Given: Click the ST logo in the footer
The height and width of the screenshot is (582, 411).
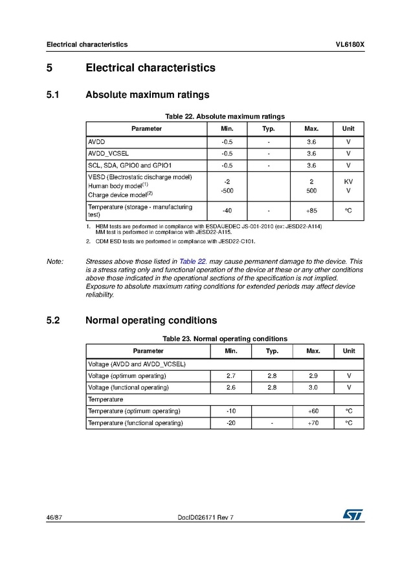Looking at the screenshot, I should point(353,514).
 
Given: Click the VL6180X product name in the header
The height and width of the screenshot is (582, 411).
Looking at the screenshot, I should point(350,45).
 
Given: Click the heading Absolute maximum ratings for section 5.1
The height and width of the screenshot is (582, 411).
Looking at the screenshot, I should point(147,95).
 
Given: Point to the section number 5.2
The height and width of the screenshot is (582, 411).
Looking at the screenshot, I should point(53,320).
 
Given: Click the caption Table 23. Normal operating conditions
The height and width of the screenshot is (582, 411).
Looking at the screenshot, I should point(225,338).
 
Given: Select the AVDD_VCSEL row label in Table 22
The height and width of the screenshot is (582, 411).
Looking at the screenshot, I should point(108,154).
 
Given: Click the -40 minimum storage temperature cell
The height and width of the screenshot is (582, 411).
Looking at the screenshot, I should point(227,211).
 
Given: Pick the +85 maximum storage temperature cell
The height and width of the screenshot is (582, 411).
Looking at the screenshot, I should point(311,211).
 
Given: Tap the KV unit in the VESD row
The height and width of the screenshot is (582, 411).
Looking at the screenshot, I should point(348,182).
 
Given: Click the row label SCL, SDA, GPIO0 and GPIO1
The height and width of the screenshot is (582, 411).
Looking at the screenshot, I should point(129,165).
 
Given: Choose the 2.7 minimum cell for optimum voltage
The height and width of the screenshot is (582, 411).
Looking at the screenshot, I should point(230,375).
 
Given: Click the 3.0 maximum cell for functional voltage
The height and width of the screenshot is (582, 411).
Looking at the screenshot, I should point(313,387).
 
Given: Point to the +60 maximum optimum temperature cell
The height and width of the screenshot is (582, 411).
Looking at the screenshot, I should point(313,411).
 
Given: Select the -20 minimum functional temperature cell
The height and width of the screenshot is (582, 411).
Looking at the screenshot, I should point(230,423).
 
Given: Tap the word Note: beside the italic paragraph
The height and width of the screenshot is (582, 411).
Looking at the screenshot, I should point(55,261).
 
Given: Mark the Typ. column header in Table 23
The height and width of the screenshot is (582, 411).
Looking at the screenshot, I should point(272,351).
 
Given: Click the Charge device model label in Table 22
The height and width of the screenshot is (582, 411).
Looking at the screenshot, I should point(120,194).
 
